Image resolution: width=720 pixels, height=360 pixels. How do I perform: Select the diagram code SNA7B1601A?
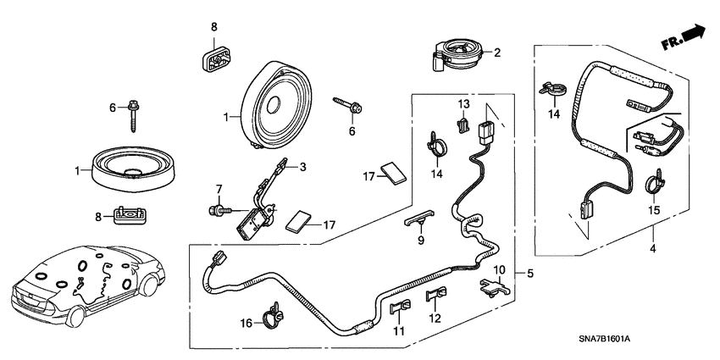[656, 338]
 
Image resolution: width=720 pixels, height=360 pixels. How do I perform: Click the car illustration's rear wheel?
[77, 318]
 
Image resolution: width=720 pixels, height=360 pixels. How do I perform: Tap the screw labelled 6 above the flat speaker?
[136, 113]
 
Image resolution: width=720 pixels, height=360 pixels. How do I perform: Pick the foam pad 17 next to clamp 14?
[392, 172]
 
